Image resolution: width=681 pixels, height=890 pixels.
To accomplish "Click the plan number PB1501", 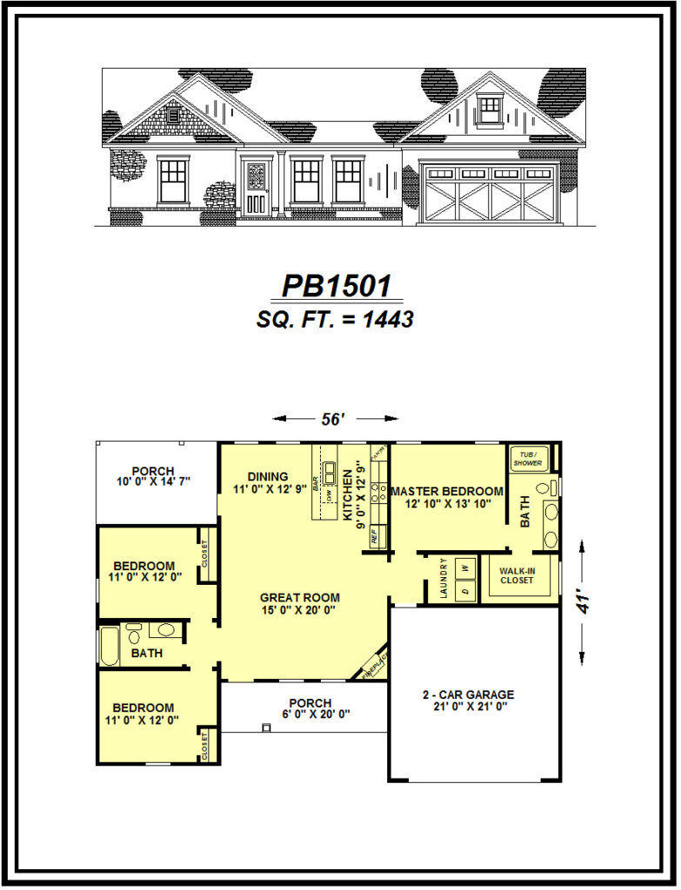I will click(336, 286).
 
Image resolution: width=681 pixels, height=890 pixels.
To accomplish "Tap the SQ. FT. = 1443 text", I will click(335, 319).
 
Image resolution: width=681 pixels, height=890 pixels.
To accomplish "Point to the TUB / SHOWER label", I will click(528, 458).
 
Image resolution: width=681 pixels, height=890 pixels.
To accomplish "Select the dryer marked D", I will click(464, 591).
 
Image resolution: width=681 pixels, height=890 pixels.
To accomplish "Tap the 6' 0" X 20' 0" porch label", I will click(310, 708).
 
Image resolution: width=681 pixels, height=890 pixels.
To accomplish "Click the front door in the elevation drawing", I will click(256, 188).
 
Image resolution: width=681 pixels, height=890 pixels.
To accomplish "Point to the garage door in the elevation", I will click(490, 195).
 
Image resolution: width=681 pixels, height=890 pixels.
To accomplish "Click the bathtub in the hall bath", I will click(109, 646).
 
